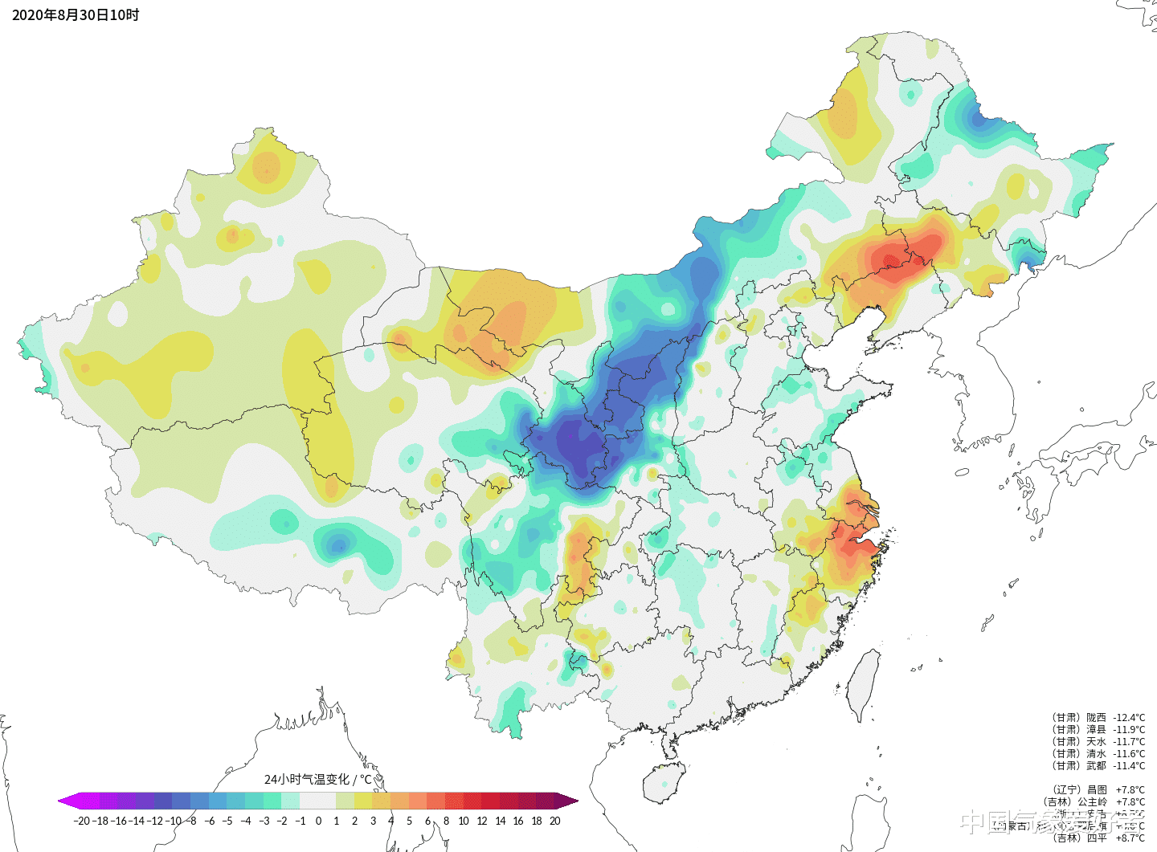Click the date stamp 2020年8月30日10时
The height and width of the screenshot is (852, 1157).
click(76, 15)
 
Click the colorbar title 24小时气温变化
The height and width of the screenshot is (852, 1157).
click(318, 779)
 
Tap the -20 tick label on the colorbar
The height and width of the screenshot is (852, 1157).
click(81, 821)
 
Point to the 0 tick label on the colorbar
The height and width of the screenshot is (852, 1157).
click(318, 821)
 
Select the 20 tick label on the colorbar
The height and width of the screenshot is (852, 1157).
click(554, 821)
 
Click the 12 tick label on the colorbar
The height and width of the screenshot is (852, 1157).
click(482, 821)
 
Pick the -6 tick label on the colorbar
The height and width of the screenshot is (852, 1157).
click(209, 821)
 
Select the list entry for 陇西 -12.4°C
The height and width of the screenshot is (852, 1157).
click(1098, 717)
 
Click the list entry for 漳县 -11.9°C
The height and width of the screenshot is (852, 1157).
click(1098, 729)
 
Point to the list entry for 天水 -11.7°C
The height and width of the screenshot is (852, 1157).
click(1098, 741)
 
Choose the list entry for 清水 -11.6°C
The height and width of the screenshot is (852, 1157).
click(1098, 753)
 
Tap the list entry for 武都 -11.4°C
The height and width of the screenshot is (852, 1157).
click(1098, 765)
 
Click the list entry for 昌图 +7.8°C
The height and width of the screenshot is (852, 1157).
click(1098, 789)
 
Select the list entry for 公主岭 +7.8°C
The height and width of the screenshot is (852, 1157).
click(1094, 801)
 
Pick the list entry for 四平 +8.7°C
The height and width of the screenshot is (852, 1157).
click(1098, 838)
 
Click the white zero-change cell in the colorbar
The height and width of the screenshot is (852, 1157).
click(318, 801)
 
